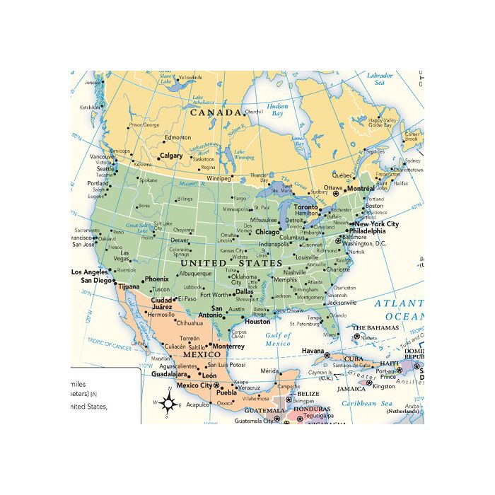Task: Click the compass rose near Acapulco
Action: [x=168, y=404]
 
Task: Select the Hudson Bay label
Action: [x=277, y=110]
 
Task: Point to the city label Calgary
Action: [x=171, y=156]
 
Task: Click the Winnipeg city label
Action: [x=219, y=178]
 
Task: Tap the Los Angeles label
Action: [x=89, y=272]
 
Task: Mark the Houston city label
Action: [x=257, y=322]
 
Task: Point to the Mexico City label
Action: [x=194, y=386]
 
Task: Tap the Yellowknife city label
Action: [x=190, y=77]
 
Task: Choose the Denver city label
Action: [x=180, y=240]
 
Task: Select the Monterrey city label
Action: [x=228, y=346]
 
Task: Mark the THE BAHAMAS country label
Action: [x=377, y=328]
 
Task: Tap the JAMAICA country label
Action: [x=351, y=388]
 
